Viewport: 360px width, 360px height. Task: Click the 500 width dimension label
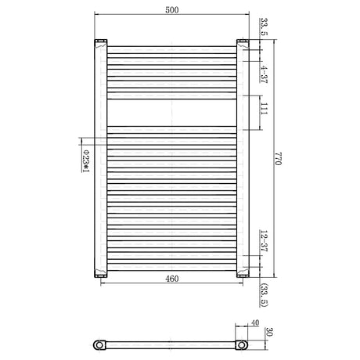pos(172,10)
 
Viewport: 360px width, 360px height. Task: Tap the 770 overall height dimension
pos(278,158)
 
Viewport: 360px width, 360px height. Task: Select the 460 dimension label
pos(172,279)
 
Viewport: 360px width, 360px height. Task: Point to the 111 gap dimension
pos(264,109)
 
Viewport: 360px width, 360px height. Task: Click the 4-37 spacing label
pos(264,74)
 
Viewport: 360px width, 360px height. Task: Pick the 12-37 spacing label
pos(264,241)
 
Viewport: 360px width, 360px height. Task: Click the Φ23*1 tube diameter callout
pos(85,161)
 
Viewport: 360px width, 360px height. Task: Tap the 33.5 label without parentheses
pos(264,27)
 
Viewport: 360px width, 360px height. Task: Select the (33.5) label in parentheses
pos(264,295)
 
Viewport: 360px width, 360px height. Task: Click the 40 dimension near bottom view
pos(255,323)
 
